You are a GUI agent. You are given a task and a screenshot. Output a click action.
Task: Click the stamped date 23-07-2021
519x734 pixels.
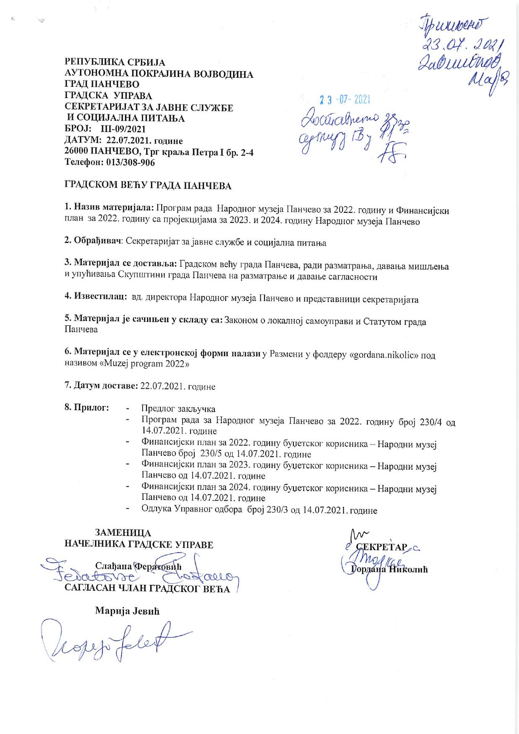[x=344, y=100]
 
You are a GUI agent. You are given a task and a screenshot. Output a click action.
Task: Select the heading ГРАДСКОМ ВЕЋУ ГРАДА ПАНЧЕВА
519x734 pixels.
[x=147, y=186]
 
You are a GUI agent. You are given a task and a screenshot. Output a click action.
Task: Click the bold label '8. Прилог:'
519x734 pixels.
[x=87, y=407]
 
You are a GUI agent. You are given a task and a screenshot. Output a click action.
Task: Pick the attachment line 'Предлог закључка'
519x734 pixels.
[x=178, y=408]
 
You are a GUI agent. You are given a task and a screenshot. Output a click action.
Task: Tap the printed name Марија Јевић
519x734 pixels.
[x=127, y=611]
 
